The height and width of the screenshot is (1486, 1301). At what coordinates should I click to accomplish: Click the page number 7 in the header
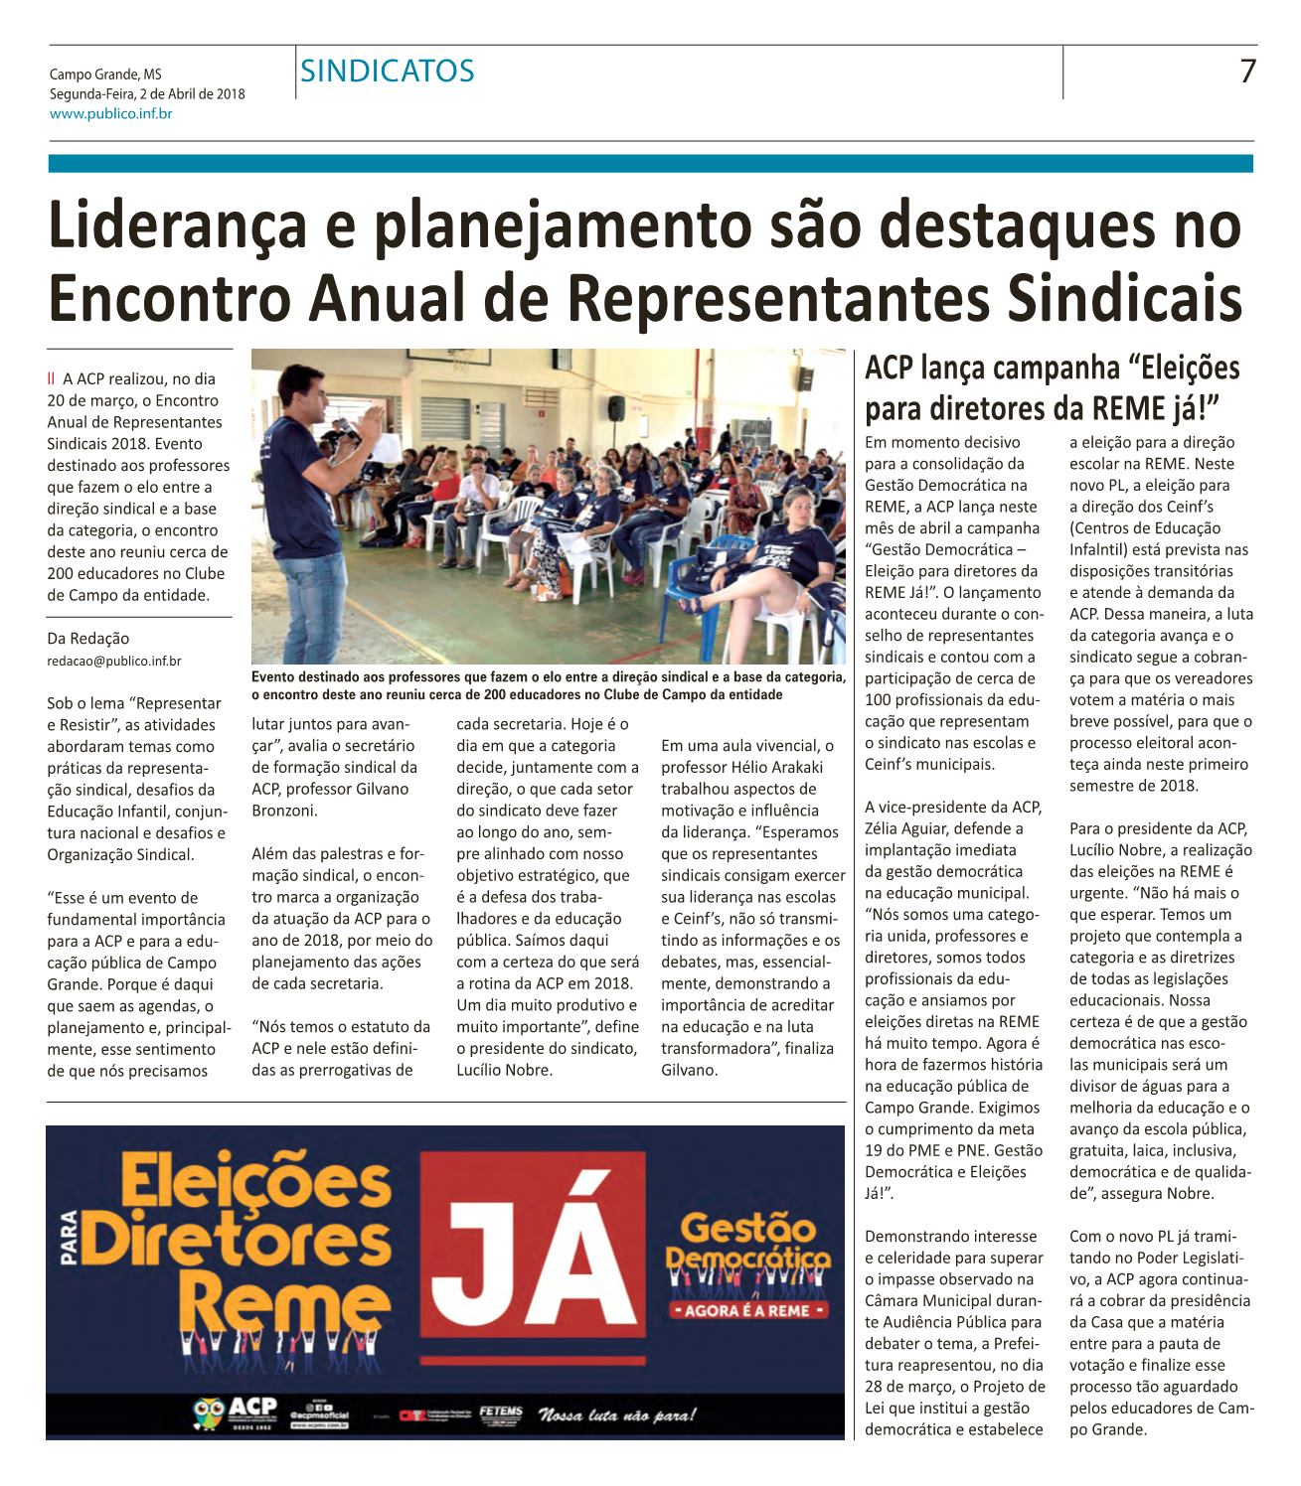pos(1247,72)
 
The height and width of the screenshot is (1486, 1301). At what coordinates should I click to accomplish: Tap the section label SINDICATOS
pos(388,71)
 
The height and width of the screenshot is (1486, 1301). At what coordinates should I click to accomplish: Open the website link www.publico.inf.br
pos(111,114)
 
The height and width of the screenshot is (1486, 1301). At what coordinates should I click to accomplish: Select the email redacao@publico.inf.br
pos(114,660)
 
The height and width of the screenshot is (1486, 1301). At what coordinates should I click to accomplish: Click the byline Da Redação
pos(88,638)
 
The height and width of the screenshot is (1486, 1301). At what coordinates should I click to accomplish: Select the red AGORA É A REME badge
pos(749,1312)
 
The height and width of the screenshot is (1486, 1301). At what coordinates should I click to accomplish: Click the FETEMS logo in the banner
pos(495,1414)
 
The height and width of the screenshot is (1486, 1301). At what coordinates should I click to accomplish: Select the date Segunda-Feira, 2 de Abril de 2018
pos(147,94)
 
